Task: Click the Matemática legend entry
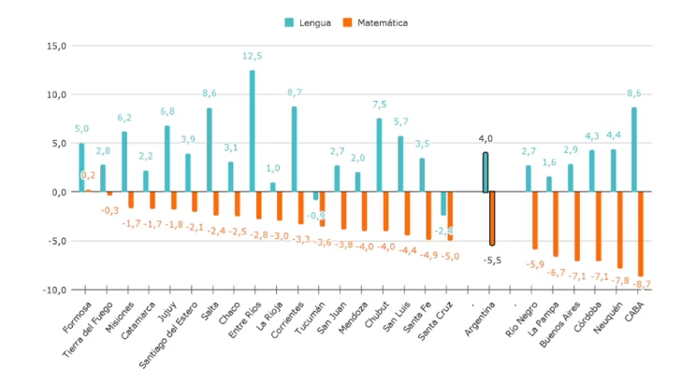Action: click(381, 21)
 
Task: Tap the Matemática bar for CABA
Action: click(641, 233)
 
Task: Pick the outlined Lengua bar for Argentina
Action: click(485, 173)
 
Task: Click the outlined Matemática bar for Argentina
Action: click(492, 219)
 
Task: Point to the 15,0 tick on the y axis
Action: click(55, 46)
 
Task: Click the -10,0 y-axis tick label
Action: click(53, 290)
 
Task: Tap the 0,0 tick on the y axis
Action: click(57, 191)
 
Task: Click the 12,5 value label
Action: click(253, 57)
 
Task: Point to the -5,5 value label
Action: click(492, 261)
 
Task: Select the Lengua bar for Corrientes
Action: click(294, 149)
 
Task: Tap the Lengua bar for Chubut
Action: click(379, 155)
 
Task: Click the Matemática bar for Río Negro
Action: click(535, 220)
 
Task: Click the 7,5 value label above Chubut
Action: click(379, 106)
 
